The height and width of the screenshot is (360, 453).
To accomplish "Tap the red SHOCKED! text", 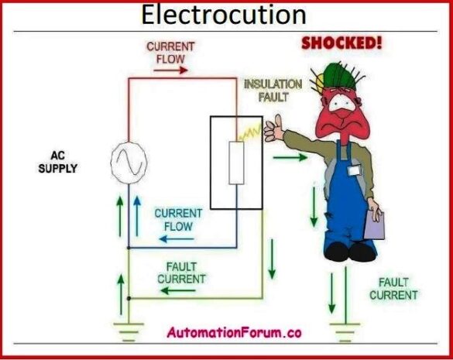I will (x=341, y=42).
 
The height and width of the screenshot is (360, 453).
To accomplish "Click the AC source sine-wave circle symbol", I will (x=127, y=161).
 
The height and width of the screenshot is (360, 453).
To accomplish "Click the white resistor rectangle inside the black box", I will (x=236, y=163).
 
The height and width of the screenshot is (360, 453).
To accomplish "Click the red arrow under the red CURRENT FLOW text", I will (x=166, y=69).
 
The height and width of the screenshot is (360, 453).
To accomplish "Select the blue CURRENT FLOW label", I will (x=178, y=219).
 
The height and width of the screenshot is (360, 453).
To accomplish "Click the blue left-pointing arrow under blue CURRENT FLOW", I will (x=177, y=238).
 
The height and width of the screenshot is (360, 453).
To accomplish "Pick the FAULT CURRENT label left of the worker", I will (x=181, y=273).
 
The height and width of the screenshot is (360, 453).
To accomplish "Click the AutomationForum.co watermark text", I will (x=233, y=332).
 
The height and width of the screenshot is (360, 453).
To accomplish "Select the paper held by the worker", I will (x=375, y=225).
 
